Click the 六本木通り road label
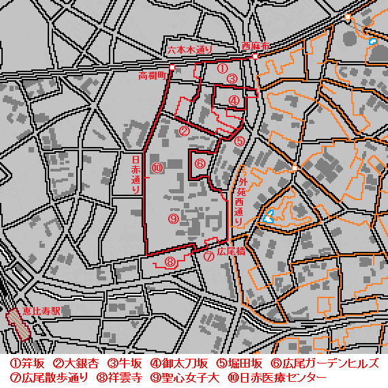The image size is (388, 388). (189, 49)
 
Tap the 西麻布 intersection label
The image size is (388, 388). (255, 46)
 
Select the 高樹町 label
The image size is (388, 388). (152, 75)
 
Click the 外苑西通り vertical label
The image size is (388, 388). (239, 201)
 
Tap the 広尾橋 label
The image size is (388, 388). (229, 251)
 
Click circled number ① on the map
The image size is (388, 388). (222, 68)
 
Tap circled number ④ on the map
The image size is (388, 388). (234, 100)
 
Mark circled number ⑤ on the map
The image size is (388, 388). (239, 142)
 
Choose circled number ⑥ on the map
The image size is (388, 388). (200, 164)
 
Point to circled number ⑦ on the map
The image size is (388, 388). (209, 257)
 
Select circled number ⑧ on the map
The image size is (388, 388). (169, 261)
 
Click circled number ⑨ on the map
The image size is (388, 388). (173, 219)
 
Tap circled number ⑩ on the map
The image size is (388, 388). (157, 167)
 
